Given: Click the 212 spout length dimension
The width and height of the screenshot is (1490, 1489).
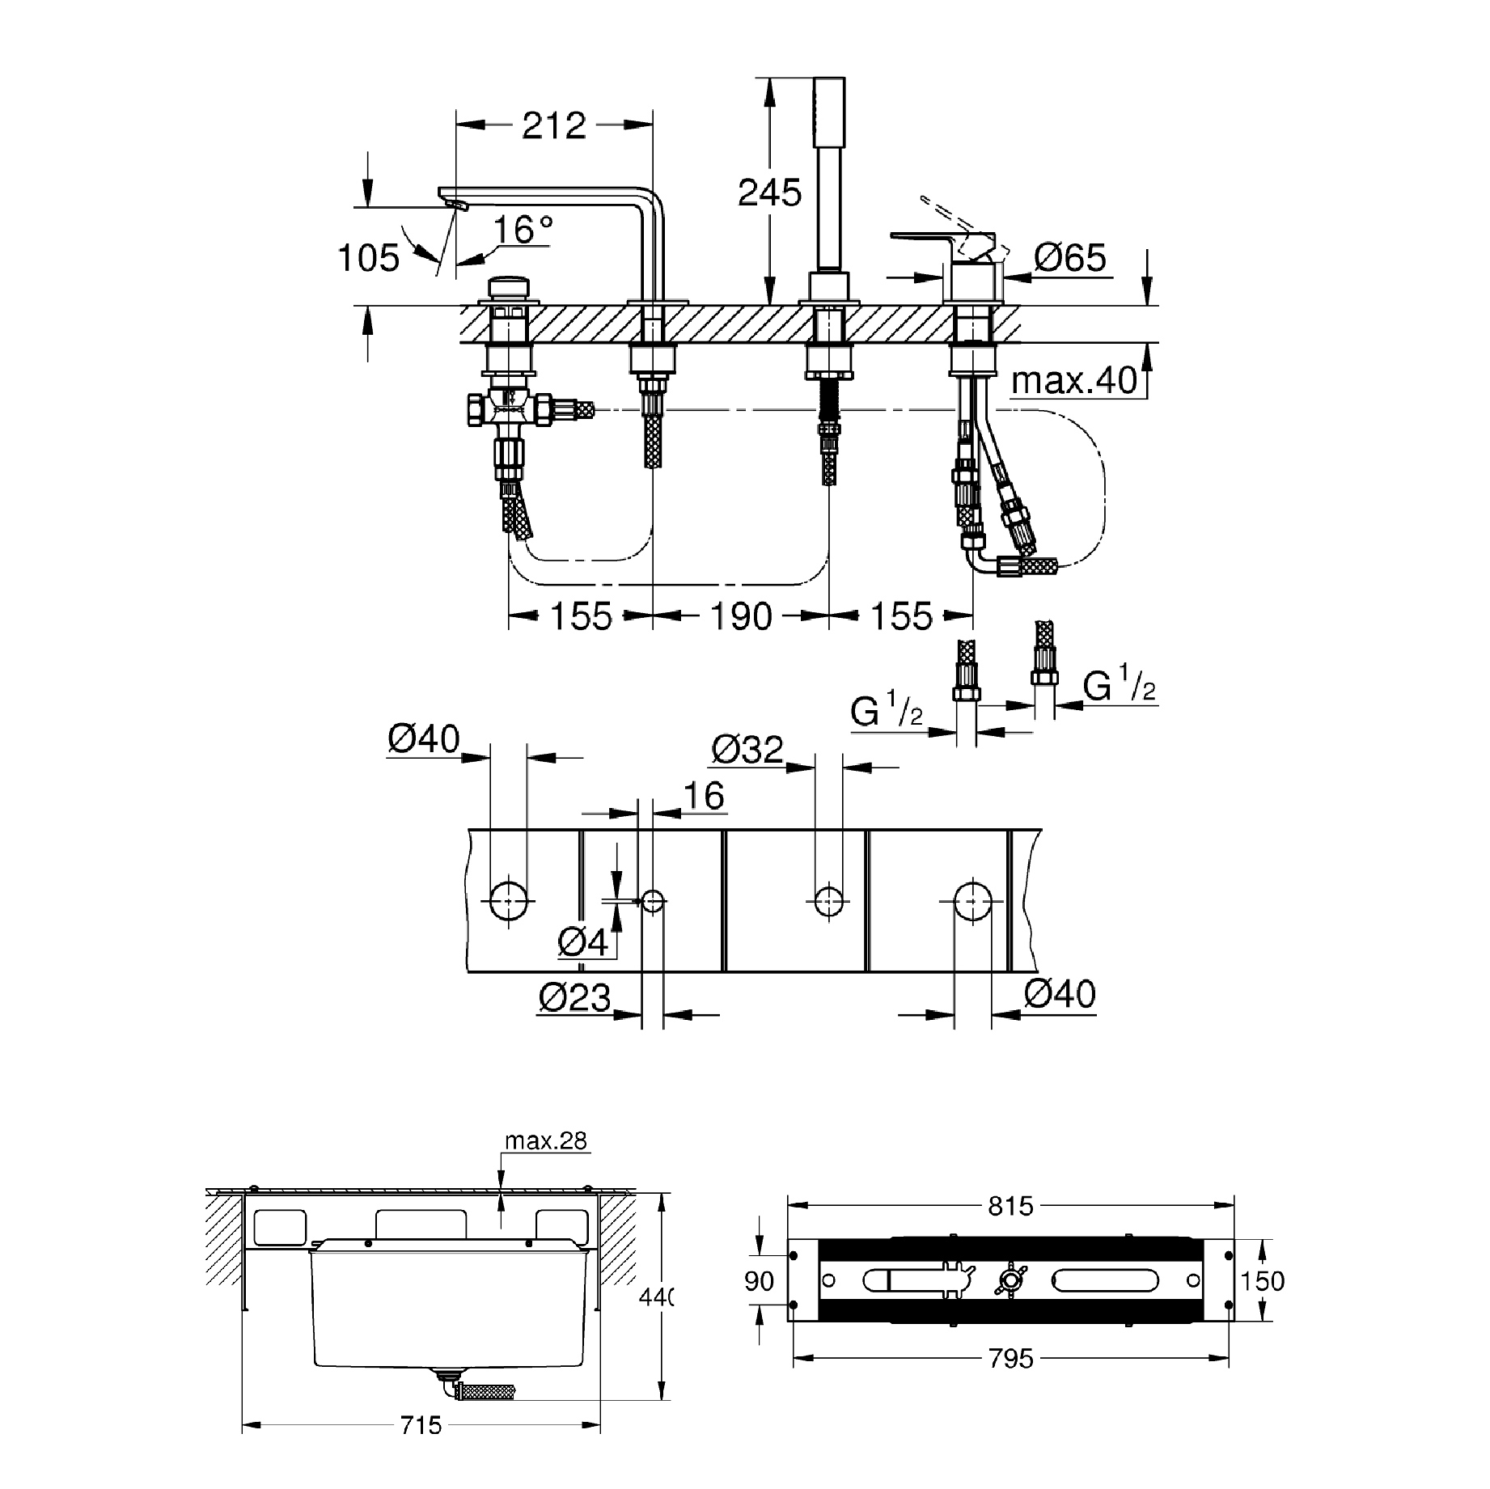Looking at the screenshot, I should pyautogui.click(x=554, y=126).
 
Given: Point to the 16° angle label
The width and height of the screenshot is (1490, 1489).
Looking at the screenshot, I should pyautogui.click(x=523, y=230).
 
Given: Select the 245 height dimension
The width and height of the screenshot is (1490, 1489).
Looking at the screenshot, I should pyautogui.click(x=769, y=193).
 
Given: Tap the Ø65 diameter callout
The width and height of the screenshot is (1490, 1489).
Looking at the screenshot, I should pyautogui.click(x=1069, y=259).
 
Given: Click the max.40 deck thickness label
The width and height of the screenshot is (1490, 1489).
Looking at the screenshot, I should pyautogui.click(x=1074, y=380).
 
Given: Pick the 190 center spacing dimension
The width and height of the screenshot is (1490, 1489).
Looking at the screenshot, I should pyautogui.click(x=741, y=618).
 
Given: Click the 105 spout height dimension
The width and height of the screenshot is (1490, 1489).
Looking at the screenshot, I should pyautogui.click(x=369, y=259).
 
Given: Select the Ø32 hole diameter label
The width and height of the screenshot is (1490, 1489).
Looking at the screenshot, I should pyautogui.click(x=747, y=750).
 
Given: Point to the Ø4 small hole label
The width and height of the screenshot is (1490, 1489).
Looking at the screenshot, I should pyautogui.click(x=583, y=942).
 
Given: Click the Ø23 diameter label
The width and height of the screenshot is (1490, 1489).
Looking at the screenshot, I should pyautogui.click(x=575, y=998).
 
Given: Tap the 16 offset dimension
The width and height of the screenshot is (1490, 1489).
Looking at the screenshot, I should pyautogui.click(x=704, y=797).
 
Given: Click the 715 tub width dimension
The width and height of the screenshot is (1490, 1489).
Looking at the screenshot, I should pyautogui.click(x=421, y=1447).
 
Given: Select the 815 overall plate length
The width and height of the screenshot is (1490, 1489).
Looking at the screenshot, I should pyautogui.click(x=1010, y=1207).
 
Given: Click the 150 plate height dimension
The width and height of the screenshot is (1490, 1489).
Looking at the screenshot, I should pyautogui.click(x=1262, y=1281).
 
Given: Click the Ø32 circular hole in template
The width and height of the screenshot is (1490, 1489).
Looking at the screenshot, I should pyautogui.click(x=828, y=899).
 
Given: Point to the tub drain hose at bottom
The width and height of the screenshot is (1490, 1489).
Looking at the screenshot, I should pyautogui.click(x=485, y=1392).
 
